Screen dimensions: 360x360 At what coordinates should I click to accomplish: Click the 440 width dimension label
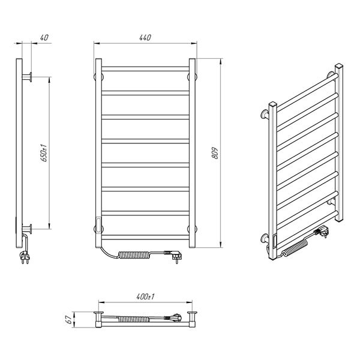point(145,37)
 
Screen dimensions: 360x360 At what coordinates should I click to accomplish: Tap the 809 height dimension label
point(215,153)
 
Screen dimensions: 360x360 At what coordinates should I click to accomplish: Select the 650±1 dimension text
point(44,153)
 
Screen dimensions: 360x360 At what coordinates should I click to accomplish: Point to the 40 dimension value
point(44,37)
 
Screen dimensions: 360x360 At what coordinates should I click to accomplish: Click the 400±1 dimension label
point(145,296)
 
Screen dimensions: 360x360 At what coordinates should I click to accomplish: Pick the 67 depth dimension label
point(68,319)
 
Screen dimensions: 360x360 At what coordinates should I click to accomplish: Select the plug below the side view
point(25,257)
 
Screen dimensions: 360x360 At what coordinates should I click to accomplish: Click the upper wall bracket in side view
point(27,77)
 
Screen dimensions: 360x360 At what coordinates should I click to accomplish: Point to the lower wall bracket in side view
point(27,229)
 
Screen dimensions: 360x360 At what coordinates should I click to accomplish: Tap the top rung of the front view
point(145,69)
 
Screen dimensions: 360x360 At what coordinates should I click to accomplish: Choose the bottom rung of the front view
point(145,237)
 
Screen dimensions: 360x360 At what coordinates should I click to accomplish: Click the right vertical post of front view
point(192,153)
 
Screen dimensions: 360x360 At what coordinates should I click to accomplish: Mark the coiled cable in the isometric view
point(295,248)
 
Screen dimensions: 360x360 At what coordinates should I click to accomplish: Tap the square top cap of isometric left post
point(273,104)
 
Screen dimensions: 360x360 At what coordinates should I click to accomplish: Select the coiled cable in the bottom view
point(133,319)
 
